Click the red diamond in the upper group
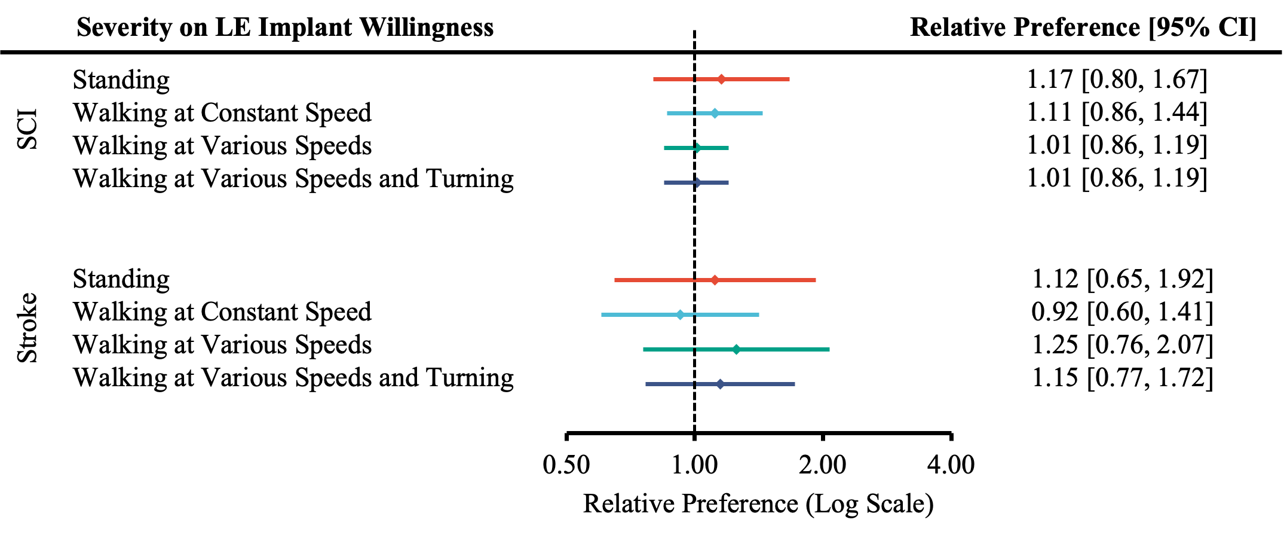[x=722, y=79]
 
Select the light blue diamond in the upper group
[x=715, y=113]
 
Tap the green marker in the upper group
[x=698, y=148]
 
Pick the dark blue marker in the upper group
[x=698, y=182]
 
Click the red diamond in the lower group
[x=715, y=280]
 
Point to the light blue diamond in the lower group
[x=680, y=314]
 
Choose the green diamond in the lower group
[x=736, y=349]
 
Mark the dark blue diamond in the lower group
[x=720, y=384]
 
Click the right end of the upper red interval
[x=789, y=79]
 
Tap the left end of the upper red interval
[x=654, y=79]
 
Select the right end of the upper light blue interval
[x=762, y=113]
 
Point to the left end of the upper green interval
[x=664, y=148]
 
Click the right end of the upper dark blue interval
[x=728, y=182]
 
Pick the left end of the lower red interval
[x=615, y=280]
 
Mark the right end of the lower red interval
[x=816, y=280]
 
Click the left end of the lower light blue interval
[x=602, y=314]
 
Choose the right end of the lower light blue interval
[x=759, y=314]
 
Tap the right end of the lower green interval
[x=829, y=349]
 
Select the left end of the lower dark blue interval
[x=646, y=384]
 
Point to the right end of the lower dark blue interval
[x=795, y=384]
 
